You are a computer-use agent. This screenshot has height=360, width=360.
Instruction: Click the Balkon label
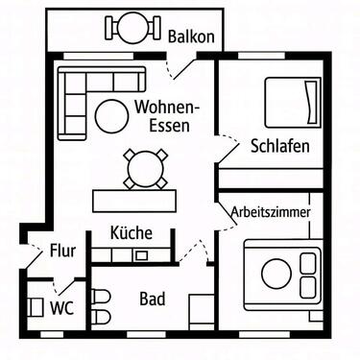click(x=190, y=36)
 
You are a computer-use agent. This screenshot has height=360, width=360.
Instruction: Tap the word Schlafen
click(x=279, y=147)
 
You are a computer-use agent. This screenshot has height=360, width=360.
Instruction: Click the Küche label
click(x=131, y=232)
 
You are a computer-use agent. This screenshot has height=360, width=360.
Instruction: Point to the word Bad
click(x=152, y=299)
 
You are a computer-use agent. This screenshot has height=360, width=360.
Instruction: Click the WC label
click(x=62, y=308)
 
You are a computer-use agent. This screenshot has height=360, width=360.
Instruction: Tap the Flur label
click(x=63, y=253)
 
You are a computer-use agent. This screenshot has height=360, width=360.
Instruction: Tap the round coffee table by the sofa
click(x=110, y=115)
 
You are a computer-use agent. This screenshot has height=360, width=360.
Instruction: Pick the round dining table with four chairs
click(x=143, y=168)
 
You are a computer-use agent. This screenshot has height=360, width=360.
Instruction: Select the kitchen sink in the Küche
click(x=141, y=254)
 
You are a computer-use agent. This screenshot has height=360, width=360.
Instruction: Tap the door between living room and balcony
click(x=179, y=68)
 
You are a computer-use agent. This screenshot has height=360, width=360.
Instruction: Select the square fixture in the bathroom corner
click(x=202, y=312)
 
